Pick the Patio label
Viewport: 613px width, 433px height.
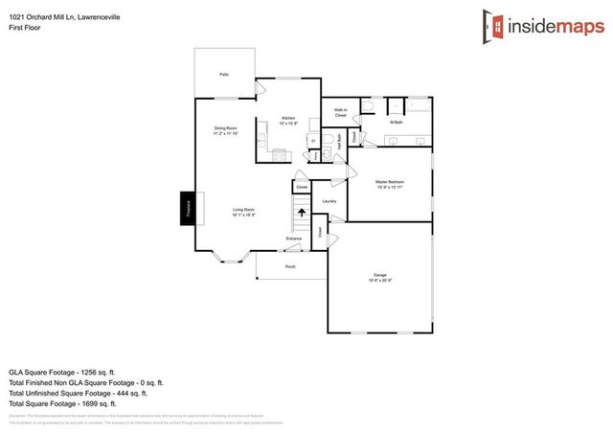click(x=224, y=74)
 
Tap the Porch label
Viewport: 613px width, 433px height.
click(x=290, y=266)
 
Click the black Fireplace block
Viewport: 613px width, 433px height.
click(x=188, y=209)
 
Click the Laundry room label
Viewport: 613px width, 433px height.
click(x=329, y=201)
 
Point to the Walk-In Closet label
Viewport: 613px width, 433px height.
click(x=340, y=112)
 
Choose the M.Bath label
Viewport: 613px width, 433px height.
click(x=395, y=123)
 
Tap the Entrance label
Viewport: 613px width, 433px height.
click(x=294, y=239)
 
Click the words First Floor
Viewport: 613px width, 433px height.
click(x=25, y=29)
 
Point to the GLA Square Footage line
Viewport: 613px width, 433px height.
click(x=61, y=371)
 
